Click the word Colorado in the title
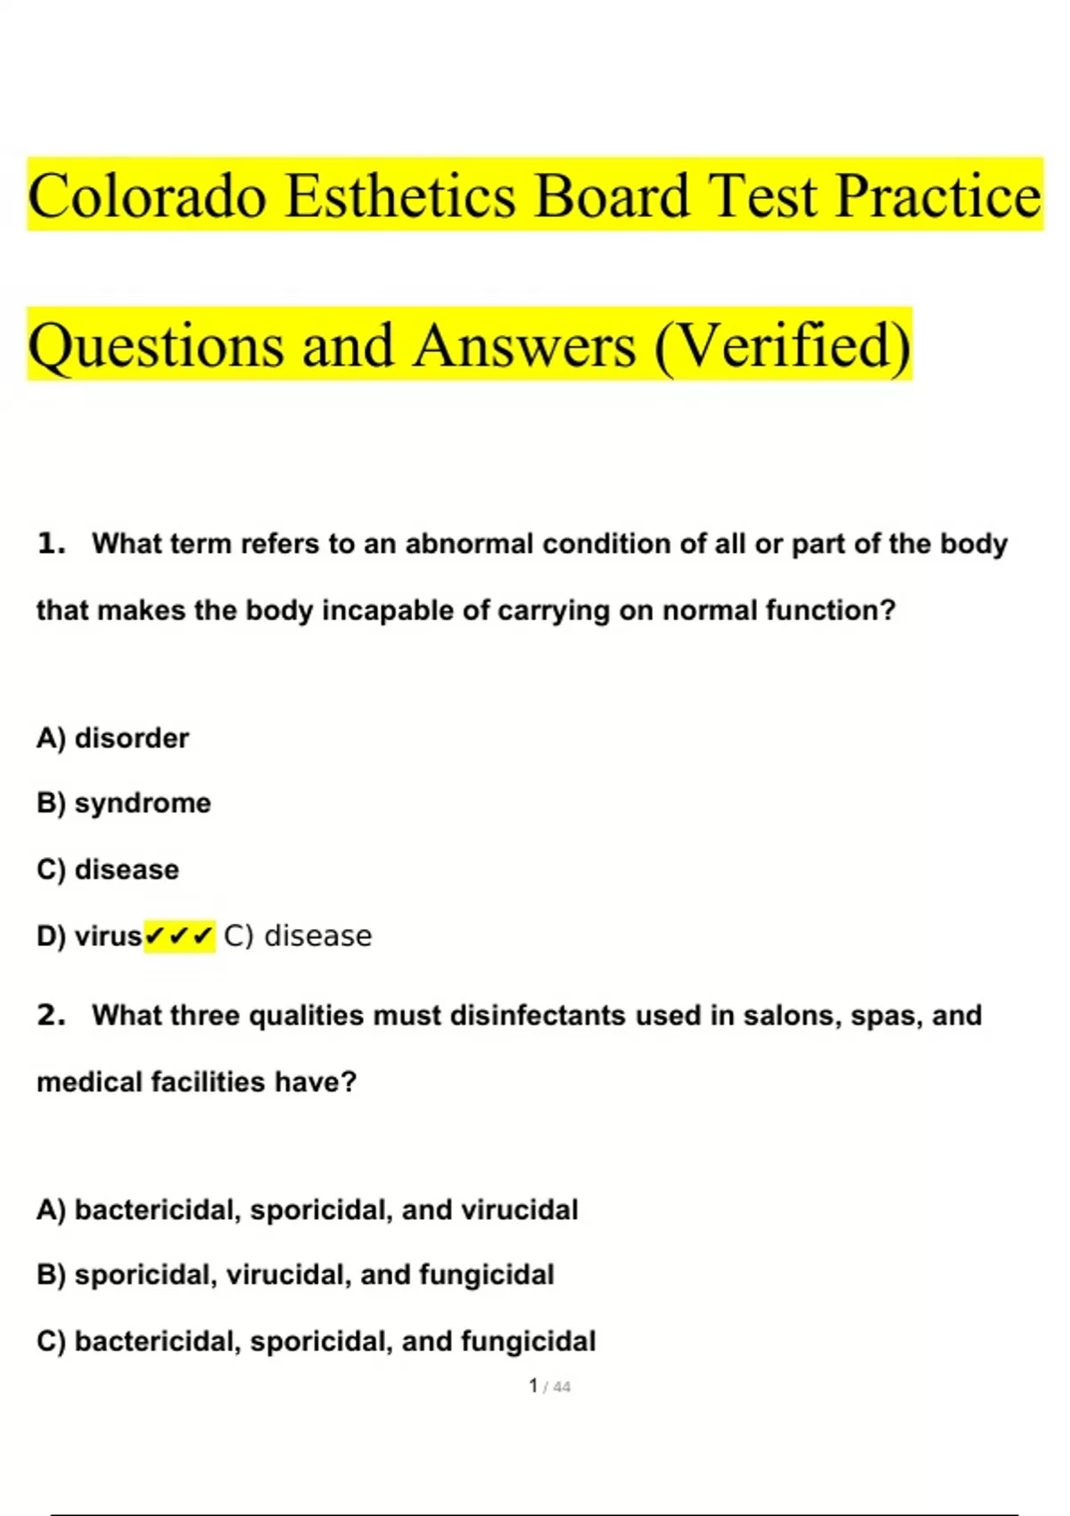click(x=147, y=196)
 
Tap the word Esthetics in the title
click(x=400, y=196)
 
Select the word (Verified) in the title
click(x=783, y=346)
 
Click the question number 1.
click(x=51, y=543)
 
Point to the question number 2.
click(x=51, y=1015)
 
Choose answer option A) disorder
click(x=112, y=738)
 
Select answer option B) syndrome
click(x=124, y=803)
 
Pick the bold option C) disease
click(x=108, y=869)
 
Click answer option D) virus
click(x=89, y=936)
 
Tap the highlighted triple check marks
click(x=179, y=936)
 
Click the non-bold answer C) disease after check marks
click(x=298, y=936)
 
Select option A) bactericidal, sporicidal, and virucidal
click(x=308, y=1210)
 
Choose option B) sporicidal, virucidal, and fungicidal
click(x=295, y=1275)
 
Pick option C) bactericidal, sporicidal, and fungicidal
click(x=317, y=1341)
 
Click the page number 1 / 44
click(x=549, y=1387)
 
